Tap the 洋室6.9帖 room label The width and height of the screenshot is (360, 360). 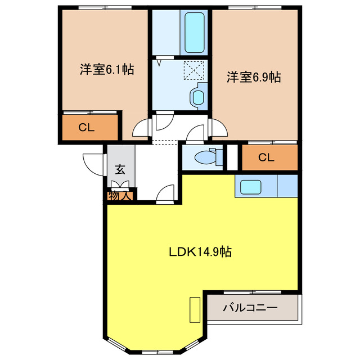coord(254,77)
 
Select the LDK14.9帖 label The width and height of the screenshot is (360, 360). coord(200,251)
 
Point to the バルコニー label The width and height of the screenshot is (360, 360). coord(250,308)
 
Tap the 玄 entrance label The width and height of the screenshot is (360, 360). coord(120,169)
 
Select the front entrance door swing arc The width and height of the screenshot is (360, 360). coord(92,161)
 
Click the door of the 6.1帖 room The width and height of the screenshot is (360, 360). coord(141,129)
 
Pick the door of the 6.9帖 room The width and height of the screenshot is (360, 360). coord(218,128)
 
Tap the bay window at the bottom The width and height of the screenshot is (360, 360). coord(153,352)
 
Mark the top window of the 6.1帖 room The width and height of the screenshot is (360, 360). coord(106,7)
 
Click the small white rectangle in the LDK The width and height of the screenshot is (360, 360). coord(195,309)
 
